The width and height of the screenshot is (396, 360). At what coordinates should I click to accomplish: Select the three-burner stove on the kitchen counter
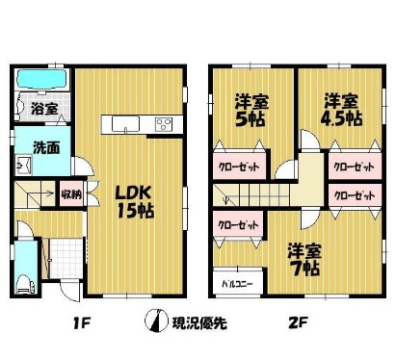[163, 123]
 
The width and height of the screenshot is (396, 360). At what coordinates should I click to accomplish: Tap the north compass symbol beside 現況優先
[151, 322]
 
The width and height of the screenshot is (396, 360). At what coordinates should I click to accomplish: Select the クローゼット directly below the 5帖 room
[238, 166]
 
